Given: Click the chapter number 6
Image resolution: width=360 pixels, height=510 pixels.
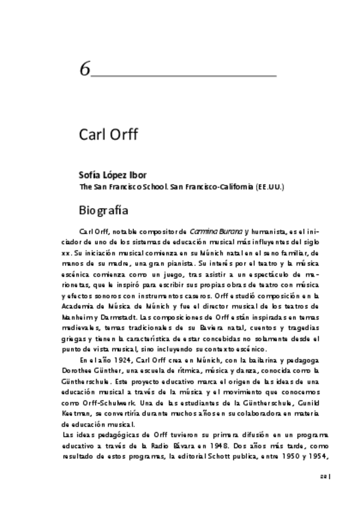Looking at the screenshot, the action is tap(84, 70).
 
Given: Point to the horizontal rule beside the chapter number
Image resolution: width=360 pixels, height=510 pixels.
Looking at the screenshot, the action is tap(183, 77).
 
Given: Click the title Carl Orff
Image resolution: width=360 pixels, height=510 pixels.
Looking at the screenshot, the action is tap(108, 134).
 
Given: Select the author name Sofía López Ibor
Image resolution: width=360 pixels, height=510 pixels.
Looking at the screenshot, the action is tap(113, 176).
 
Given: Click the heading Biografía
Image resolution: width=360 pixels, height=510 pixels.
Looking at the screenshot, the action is tap(103, 211).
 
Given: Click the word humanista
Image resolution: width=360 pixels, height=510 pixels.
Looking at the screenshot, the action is tap(252, 231).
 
